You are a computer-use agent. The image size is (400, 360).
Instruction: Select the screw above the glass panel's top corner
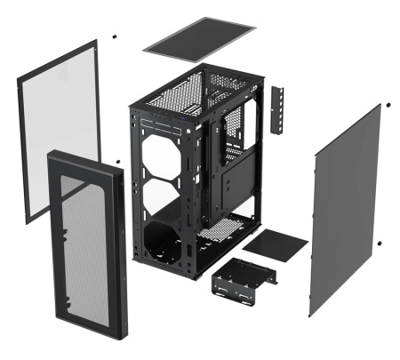[x=115, y=37]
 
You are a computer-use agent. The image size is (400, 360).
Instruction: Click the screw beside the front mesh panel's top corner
[x=117, y=162]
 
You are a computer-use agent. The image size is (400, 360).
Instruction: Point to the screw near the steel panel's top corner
[x=388, y=106]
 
